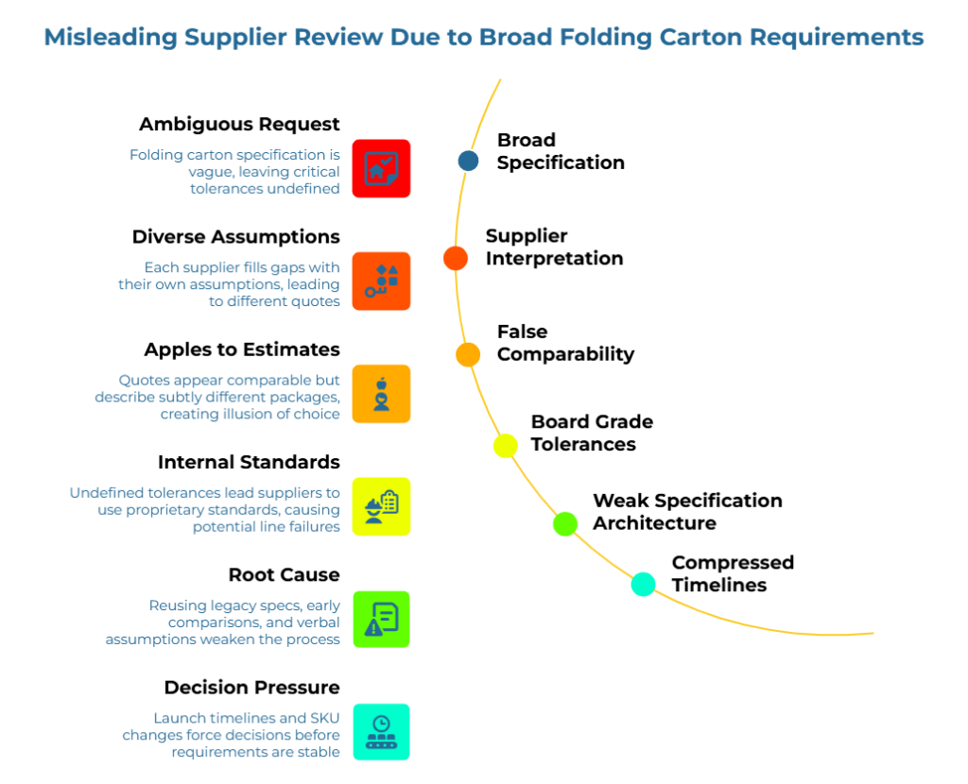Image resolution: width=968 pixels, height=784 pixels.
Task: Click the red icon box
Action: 381,168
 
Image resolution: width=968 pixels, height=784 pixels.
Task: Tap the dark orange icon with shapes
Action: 381,281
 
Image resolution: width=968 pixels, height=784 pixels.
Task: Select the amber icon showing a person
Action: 381,393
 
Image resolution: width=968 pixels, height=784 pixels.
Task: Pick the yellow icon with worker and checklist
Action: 381,505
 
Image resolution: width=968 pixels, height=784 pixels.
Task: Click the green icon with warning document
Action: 381,619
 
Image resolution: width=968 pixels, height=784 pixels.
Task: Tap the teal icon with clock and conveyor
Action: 381,731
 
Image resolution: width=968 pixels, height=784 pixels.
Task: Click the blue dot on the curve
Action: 468,161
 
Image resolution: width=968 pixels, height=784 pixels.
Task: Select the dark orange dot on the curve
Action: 456,258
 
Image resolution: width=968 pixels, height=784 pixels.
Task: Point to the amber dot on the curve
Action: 468,354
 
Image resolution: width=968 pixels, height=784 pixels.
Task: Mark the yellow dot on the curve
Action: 506,446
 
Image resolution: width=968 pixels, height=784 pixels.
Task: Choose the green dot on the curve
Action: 565,523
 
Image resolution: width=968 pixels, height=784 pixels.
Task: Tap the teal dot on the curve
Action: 643,585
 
